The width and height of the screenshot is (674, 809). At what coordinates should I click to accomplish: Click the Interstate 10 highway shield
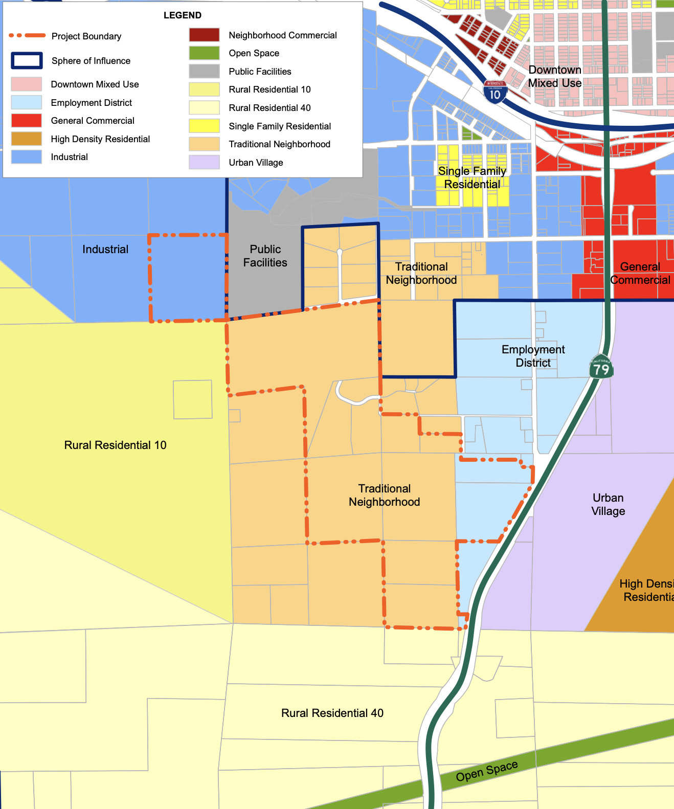pyautogui.click(x=495, y=92)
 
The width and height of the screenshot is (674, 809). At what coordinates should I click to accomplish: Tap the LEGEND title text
pyautogui.click(x=183, y=15)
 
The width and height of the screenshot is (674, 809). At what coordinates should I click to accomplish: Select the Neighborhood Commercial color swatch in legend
pyautogui.click(x=204, y=35)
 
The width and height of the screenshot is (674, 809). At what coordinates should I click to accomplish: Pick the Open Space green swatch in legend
pyautogui.click(x=204, y=53)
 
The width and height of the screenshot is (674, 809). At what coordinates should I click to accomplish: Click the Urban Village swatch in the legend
pyautogui.click(x=204, y=162)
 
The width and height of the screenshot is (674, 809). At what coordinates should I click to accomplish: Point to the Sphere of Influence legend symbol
pyautogui.click(x=27, y=60)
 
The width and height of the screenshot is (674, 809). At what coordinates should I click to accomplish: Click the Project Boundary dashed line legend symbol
pyautogui.click(x=27, y=36)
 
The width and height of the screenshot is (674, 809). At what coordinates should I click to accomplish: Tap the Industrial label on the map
pyautogui.click(x=105, y=249)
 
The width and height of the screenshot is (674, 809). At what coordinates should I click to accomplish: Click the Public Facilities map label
pyautogui.click(x=265, y=256)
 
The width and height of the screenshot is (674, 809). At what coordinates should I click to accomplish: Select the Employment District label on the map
pyautogui.click(x=533, y=356)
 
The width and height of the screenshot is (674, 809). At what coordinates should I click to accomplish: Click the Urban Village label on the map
pyautogui.click(x=608, y=504)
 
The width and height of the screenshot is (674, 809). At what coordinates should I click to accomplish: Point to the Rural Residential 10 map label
pyautogui.click(x=115, y=445)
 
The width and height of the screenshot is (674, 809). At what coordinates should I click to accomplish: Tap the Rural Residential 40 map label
pyautogui.click(x=332, y=713)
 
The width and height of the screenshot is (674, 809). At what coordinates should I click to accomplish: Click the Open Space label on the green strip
pyautogui.click(x=487, y=771)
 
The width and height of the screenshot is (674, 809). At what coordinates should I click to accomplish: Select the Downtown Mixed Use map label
pyautogui.click(x=554, y=76)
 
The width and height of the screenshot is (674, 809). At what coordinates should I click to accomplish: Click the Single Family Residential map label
pyautogui.click(x=472, y=177)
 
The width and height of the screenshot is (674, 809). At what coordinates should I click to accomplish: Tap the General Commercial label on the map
pyautogui.click(x=640, y=273)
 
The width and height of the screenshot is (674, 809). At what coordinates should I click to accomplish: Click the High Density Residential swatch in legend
pyautogui.click(x=27, y=139)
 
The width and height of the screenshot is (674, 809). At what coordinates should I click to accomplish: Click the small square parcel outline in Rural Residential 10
pyautogui.click(x=192, y=399)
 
